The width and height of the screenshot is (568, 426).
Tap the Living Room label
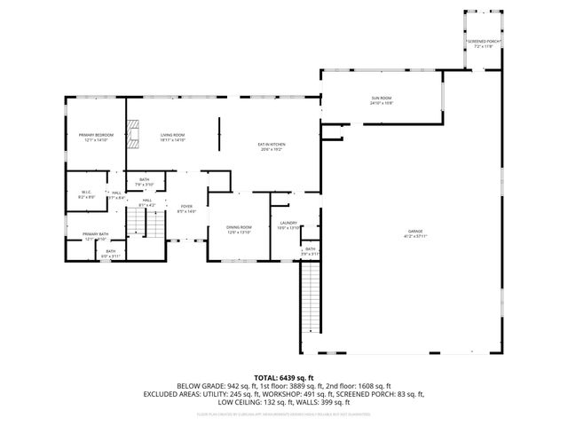[172, 135]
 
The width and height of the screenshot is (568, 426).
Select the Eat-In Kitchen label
[271, 144]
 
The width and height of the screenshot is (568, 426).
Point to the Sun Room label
[381, 98]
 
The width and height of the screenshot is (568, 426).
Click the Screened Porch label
[483, 41]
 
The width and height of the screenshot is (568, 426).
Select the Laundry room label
[288, 223]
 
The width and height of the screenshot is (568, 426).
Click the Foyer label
[186, 206]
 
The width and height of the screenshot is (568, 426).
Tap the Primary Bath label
[96, 234]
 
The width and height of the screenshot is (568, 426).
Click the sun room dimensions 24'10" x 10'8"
[381, 103]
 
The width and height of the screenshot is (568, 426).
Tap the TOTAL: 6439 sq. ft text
[283, 377]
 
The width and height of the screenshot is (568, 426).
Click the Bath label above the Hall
[145, 180]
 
